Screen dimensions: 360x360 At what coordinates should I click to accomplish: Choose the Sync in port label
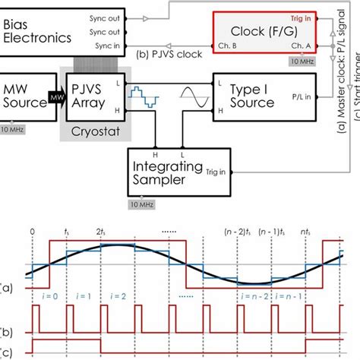[103, 46]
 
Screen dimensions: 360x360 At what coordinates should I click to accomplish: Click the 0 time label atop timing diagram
[30, 231]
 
